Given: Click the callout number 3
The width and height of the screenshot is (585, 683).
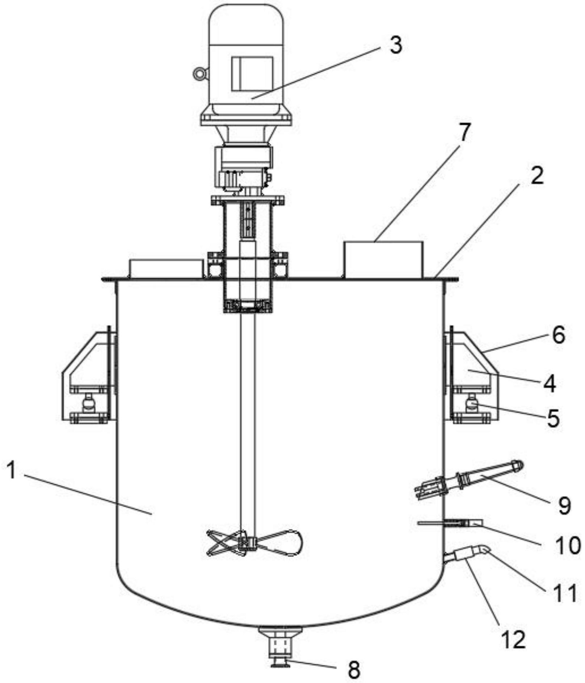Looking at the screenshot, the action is point(396,46).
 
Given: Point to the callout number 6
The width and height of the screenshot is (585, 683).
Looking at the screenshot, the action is point(559,335).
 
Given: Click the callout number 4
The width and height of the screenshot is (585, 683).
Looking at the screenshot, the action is point(550,384).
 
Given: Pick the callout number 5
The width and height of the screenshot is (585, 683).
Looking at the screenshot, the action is point(553,418).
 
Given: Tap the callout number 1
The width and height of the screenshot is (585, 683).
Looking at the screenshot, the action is point(12,471).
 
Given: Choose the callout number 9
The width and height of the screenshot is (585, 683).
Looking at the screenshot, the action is point(564,505).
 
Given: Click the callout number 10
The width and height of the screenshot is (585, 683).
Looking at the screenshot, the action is point(568,545).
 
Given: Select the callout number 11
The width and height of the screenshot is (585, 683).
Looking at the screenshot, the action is point(565,593).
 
